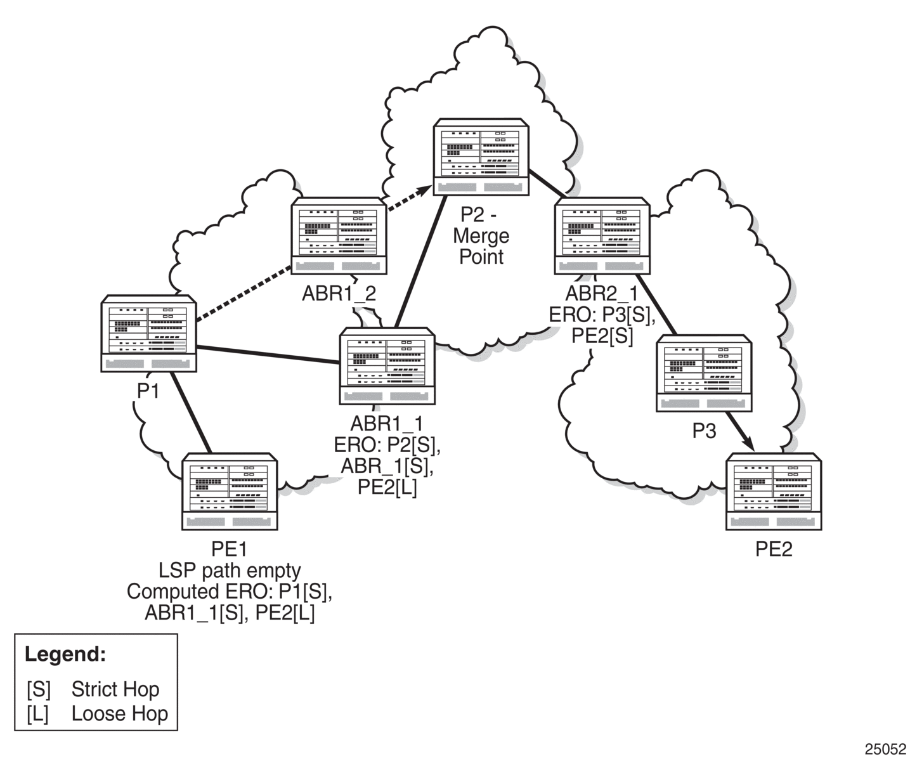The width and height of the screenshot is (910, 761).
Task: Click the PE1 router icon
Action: (x=230, y=491)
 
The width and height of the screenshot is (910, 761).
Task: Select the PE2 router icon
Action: (x=774, y=491)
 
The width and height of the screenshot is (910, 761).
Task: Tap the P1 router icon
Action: (x=148, y=334)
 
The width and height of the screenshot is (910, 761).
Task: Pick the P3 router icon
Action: (x=705, y=373)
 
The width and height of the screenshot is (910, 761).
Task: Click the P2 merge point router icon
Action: (x=481, y=157)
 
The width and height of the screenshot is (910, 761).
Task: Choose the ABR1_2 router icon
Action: (x=339, y=236)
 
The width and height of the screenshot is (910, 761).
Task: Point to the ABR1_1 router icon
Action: (x=387, y=366)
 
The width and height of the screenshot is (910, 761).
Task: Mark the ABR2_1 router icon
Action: (x=602, y=236)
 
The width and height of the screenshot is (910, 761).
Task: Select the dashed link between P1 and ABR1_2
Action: (x=244, y=294)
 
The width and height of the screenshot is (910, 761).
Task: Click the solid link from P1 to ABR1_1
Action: (x=268, y=354)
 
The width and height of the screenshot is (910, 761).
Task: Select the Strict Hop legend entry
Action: (x=93, y=689)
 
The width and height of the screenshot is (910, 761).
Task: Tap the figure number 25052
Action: (x=885, y=749)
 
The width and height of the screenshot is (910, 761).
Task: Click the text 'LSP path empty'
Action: (x=230, y=571)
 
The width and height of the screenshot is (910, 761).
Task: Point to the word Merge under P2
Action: (x=481, y=237)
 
